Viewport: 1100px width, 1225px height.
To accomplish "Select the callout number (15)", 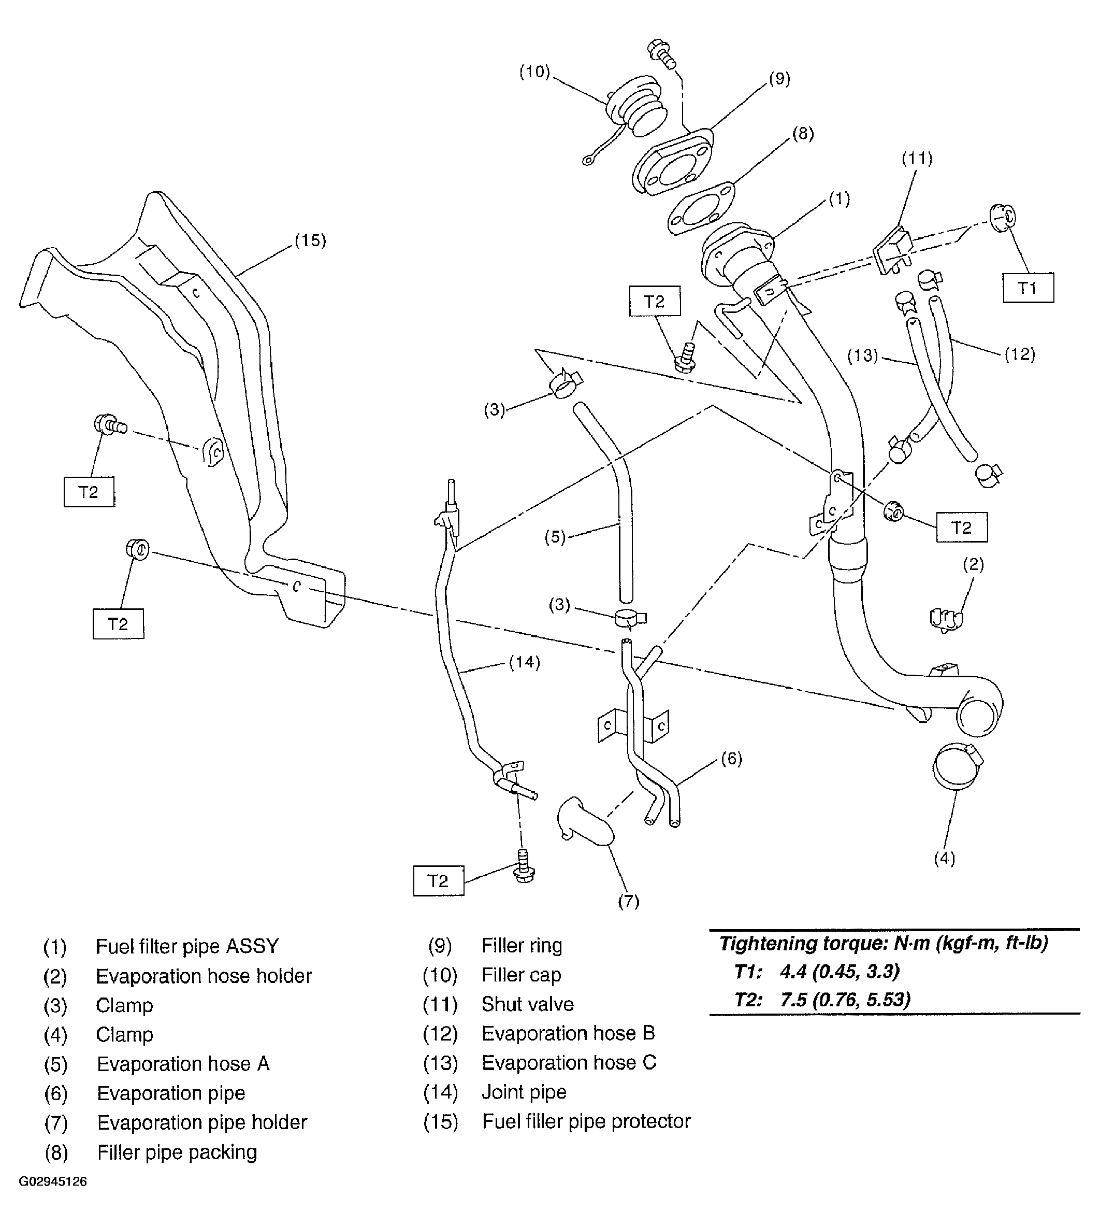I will click(310, 240).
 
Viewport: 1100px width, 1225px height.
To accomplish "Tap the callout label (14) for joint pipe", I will click(524, 663).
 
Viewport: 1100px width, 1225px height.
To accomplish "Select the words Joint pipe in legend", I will click(524, 1092).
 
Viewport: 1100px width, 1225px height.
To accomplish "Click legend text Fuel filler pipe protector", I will click(586, 1121).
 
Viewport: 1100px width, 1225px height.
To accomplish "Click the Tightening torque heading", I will click(883, 943).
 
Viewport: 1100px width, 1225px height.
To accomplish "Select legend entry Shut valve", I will click(527, 1004).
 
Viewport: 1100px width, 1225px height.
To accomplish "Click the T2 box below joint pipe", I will click(438, 881).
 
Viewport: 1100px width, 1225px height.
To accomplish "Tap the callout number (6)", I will click(731, 758).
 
